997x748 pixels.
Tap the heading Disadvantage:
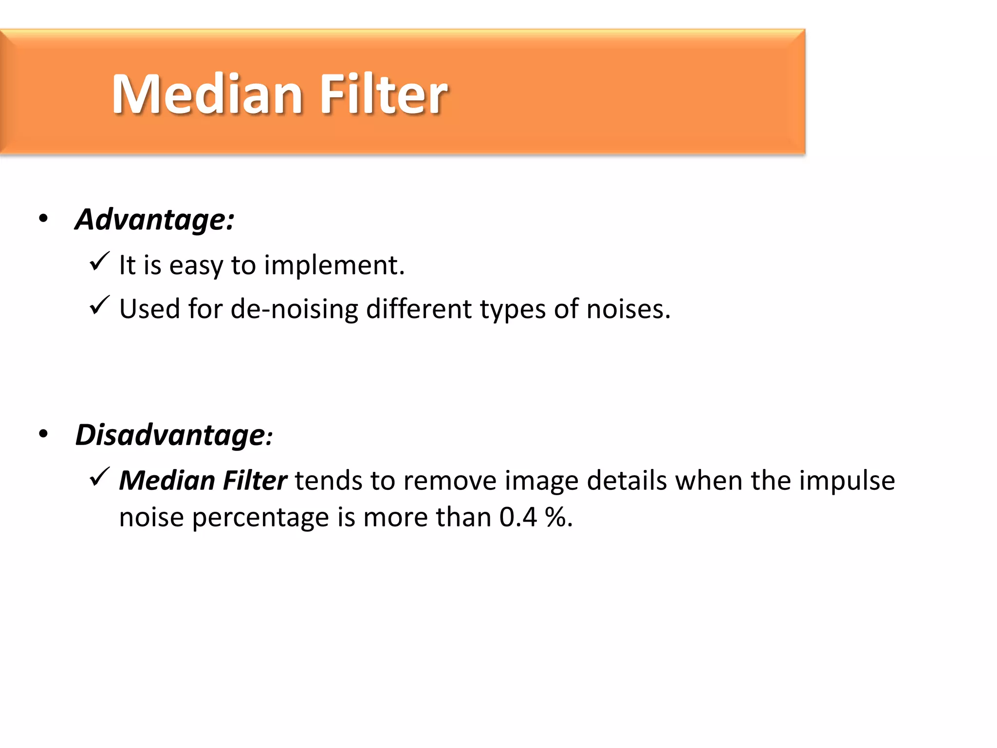point(173,435)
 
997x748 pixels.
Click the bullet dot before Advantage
point(44,219)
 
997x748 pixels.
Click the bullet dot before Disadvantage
point(44,434)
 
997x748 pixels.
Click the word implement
point(334,266)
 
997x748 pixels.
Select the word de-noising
point(295,309)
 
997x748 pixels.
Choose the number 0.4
point(518,517)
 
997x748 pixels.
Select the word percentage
point(260,518)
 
